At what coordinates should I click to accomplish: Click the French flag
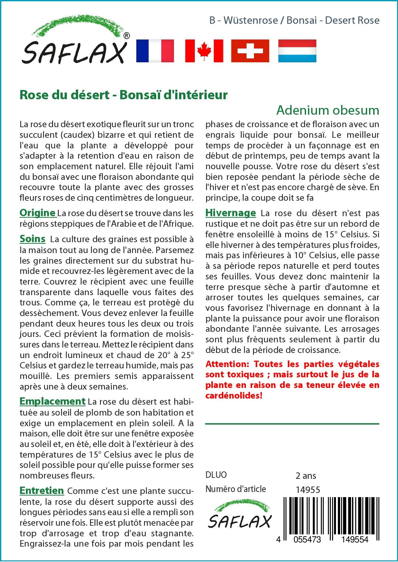coord(155,51)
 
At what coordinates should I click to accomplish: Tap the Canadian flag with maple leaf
coord(204,51)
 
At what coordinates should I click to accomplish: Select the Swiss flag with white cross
coord(250,51)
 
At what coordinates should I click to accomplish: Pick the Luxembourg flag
coord(297,51)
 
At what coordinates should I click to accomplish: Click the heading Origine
coord(38,213)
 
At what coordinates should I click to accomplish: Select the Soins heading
coord(32,239)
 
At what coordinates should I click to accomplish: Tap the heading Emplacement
coord(52,401)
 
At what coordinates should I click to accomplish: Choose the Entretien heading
coord(42,491)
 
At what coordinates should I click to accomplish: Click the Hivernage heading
coord(231,213)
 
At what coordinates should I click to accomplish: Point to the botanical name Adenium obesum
coord(328,110)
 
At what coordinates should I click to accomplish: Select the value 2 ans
coord(306,475)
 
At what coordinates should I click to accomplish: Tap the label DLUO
coord(216,475)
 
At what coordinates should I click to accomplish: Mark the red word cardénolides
coord(234,395)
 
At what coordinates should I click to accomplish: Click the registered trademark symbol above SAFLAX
coord(127,36)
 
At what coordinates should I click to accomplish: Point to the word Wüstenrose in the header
coord(250,20)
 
